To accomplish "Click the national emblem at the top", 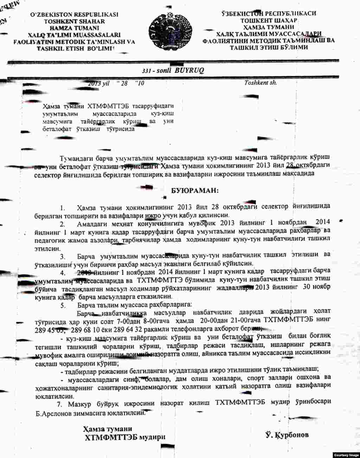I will [x=171, y=31].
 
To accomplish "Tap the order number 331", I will [x=147, y=71].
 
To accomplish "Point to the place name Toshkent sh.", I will [x=261, y=83].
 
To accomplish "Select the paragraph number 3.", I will [x=63, y=256].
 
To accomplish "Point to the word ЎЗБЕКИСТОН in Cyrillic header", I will [x=243, y=14].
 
